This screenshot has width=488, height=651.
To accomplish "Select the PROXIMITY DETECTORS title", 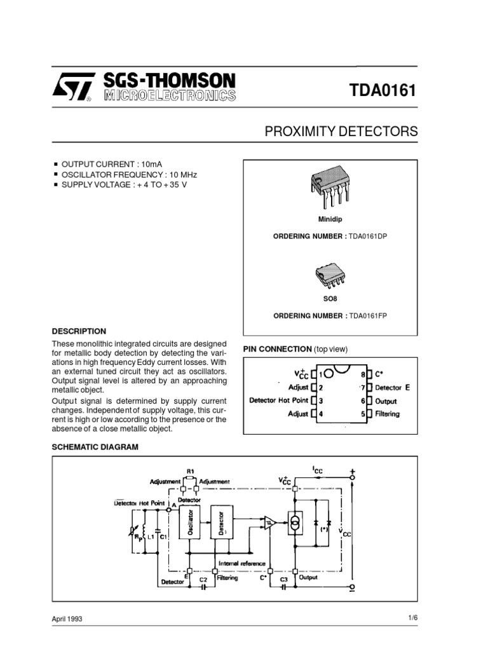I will [x=341, y=132].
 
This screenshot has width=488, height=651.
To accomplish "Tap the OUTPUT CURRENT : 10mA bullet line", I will [x=107, y=164].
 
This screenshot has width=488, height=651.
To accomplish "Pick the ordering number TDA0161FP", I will [x=368, y=316].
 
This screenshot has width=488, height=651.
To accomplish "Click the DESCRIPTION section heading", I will [x=79, y=331].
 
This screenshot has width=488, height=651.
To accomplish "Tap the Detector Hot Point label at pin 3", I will [x=278, y=401].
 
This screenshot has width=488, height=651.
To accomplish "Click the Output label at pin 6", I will [x=386, y=401].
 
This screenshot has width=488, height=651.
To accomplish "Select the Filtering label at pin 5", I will [x=388, y=414].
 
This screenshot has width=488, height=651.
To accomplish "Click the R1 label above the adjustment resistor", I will [x=189, y=470].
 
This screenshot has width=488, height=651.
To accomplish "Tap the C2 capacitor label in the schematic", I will [x=203, y=580].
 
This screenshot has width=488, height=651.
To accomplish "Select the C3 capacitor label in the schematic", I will [x=283, y=580].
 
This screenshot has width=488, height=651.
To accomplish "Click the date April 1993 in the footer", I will [x=67, y=619].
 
